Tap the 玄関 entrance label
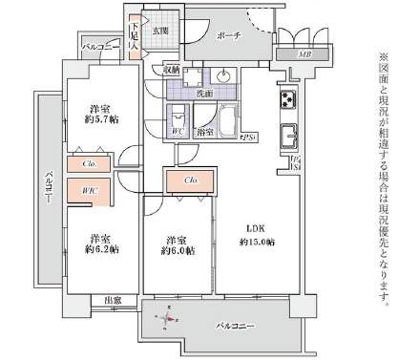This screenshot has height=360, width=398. pyautogui.click(x=158, y=32)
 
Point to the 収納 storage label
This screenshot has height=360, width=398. pyautogui.click(x=172, y=70)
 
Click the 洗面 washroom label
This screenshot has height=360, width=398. pyautogui.click(x=204, y=94)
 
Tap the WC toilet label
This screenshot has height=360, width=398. pyautogui.click(x=178, y=131)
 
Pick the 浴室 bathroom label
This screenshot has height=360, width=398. pyautogui.click(x=204, y=133)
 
